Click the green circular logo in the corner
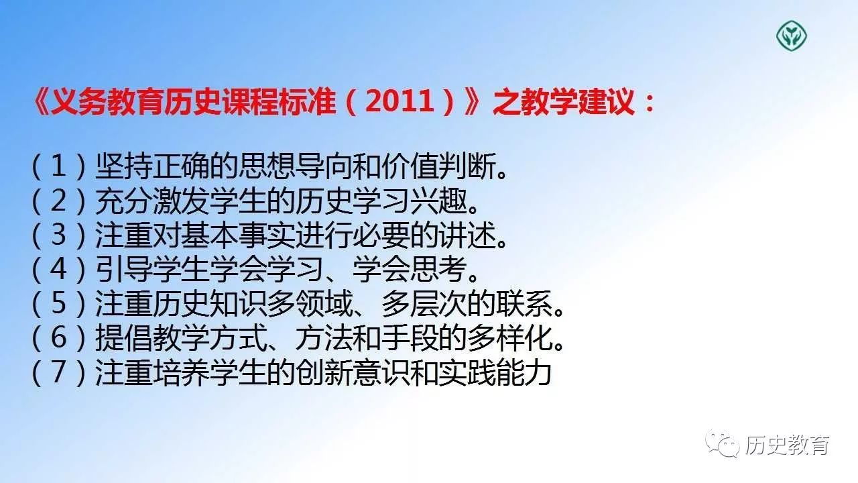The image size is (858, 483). (792, 36)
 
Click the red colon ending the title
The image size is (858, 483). (648, 103)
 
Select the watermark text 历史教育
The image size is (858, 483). (787, 445)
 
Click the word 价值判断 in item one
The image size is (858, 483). (438, 166)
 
